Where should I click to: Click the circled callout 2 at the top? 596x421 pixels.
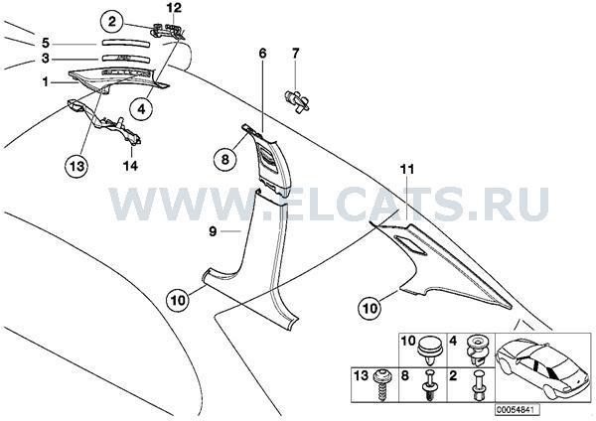pos(111,22)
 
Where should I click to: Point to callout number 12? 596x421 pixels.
pos(174,8)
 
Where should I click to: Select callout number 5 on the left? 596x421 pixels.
pos(46,43)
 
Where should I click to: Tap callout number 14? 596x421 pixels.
pos(130,166)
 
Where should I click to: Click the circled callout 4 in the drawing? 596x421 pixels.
pos(141,109)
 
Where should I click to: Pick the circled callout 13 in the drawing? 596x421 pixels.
pos(76,166)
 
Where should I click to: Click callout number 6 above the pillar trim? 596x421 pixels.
pos(262,54)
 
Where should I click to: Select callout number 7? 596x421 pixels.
pos(295,54)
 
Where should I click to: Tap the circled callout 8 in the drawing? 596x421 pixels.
pos(225,159)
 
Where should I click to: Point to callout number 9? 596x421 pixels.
pos(213,231)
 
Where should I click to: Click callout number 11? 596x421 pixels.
pos(406,170)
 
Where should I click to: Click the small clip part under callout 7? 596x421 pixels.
pos(297,100)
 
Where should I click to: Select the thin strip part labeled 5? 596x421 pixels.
pos(125,43)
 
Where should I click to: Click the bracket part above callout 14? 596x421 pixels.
pos(104,121)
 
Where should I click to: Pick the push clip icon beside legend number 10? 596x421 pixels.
pos(429,351)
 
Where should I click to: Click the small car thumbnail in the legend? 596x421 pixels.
pos(543,367)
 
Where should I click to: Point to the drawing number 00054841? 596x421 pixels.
pos(517,410)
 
